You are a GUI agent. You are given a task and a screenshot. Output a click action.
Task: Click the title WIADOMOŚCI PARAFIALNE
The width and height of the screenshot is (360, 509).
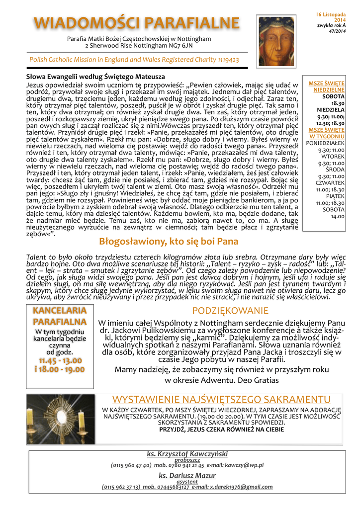136,23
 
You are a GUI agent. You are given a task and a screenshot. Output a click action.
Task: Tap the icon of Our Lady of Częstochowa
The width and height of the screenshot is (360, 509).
276,41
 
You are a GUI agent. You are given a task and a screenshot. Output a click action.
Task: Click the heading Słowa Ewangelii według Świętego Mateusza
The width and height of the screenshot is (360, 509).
95,77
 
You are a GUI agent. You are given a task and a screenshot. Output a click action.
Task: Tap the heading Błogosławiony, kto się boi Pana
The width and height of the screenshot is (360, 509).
162,242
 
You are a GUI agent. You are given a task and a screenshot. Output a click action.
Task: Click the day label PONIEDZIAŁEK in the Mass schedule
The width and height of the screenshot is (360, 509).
325,143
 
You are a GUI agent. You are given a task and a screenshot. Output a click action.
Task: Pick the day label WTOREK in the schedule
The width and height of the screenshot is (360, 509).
333,156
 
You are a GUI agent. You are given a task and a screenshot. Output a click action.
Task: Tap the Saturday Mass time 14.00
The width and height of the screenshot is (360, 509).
338,216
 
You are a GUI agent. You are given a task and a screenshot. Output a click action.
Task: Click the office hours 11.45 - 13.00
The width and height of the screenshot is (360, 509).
60,360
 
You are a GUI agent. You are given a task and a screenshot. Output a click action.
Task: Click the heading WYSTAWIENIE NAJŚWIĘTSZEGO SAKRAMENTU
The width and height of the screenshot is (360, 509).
221,400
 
